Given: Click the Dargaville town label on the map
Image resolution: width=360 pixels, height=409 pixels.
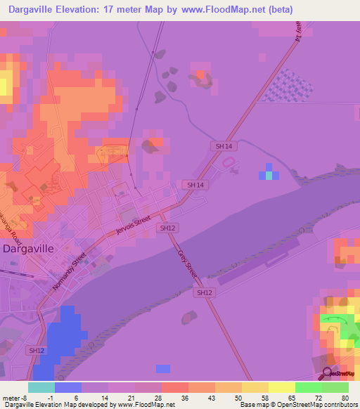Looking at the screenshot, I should tap(29, 248).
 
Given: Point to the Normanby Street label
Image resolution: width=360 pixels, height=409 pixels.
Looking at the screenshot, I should tap(69, 272).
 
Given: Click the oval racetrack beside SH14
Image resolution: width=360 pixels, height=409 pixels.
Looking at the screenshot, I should tap(229, 162).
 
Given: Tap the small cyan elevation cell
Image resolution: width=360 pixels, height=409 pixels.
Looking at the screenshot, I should tap(268, 175).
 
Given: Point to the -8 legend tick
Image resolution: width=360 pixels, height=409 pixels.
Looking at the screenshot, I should tap(27, 397).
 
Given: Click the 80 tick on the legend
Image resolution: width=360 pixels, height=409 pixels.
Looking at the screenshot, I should tap(345, 397).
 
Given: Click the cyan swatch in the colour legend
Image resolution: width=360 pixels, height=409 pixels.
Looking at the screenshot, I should tap(41, 387).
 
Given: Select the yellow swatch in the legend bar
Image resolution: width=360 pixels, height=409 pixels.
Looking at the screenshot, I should tap(282, 387).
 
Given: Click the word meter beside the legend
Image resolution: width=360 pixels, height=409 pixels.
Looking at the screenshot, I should tap(11, 397).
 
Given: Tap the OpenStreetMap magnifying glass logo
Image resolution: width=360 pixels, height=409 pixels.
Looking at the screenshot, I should tap(327, 373).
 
